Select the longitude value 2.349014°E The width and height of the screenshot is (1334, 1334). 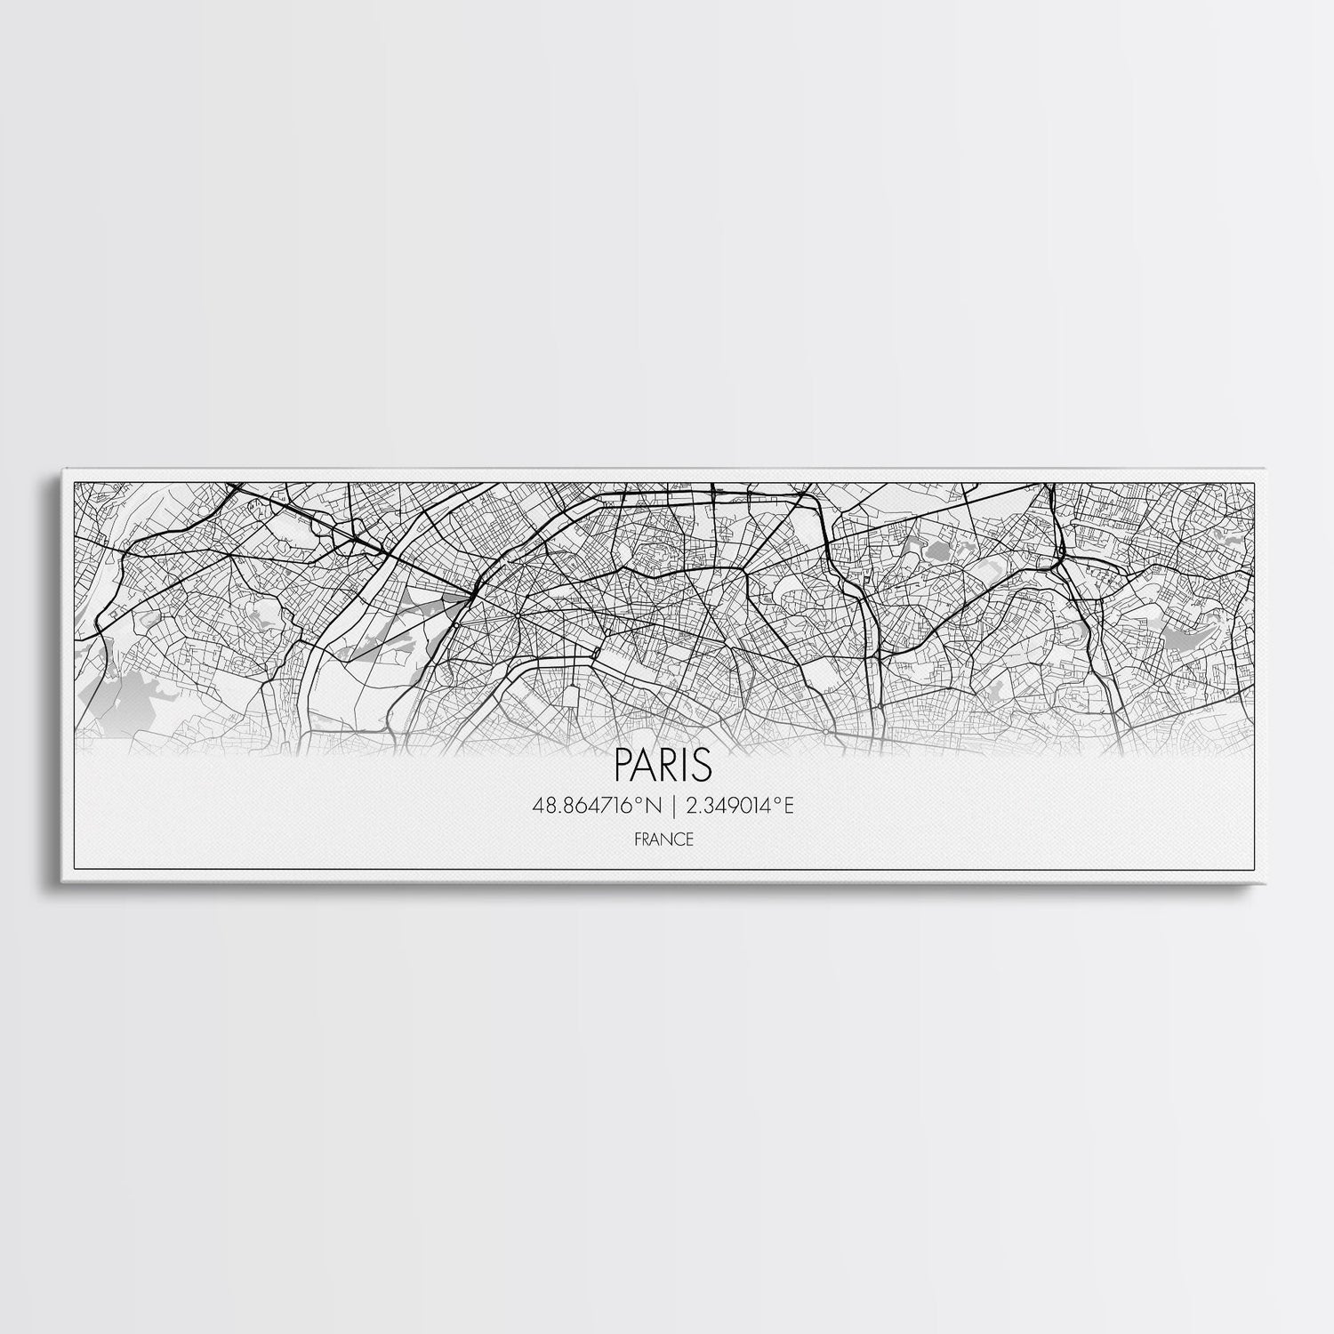click(x=739, y=807)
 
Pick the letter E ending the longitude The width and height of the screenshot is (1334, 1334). click(x=788, y=807)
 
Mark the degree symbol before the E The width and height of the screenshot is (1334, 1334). click(x=779, y=802)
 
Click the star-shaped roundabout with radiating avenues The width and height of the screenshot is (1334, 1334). click(x=515, y=613)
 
